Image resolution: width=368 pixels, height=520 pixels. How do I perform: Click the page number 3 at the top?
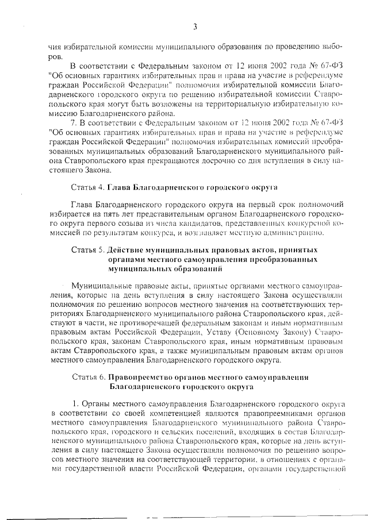point(195,26)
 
